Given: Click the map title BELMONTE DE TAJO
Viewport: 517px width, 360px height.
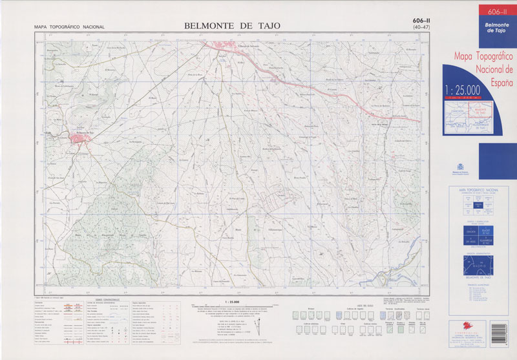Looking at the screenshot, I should tap(232, 25).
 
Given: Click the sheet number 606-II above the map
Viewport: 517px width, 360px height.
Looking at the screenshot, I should tap(421, 21).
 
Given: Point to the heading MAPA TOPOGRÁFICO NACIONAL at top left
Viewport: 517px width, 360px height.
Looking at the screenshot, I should tap(69, 26).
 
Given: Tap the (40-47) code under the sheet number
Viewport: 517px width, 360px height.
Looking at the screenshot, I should tap(422, 27).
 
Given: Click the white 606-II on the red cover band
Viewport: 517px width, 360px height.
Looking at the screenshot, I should tap(496, 12).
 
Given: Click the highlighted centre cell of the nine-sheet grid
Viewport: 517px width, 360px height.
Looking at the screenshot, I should tap(478, 206).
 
